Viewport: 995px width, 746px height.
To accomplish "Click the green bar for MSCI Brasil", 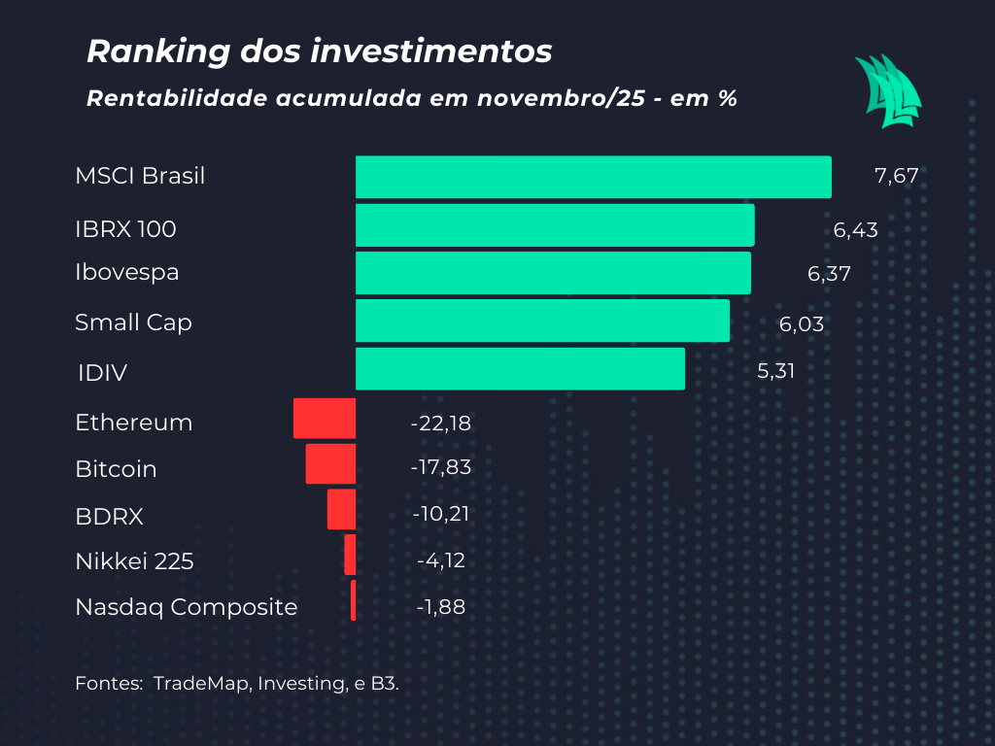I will coord(593,177).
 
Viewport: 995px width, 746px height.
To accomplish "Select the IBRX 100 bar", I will coord(555,224).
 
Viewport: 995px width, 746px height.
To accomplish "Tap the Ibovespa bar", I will coord(553,273).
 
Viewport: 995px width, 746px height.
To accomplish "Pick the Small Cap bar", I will coord(542,321).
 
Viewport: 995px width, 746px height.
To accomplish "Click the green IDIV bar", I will coord(520,369).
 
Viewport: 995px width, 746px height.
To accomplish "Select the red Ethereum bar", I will coord(325,419).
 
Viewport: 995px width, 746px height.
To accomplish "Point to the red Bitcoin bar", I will coord(330,464).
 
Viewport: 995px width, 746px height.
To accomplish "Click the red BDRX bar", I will coord(341,509).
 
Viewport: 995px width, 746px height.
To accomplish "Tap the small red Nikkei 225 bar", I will coord(350,555).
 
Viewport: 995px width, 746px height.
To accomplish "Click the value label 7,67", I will coord(896,177).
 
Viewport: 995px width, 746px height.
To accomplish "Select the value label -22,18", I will coord(441,423).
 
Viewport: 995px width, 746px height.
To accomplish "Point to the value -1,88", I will coord(441,607).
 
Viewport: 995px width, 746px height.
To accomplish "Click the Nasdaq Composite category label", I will coord(186,607).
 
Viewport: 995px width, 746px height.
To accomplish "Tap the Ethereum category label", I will coord(133,423).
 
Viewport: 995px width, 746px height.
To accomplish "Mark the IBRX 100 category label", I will coord(125,229).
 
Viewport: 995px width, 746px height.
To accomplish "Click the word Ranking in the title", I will coord(148,51).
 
